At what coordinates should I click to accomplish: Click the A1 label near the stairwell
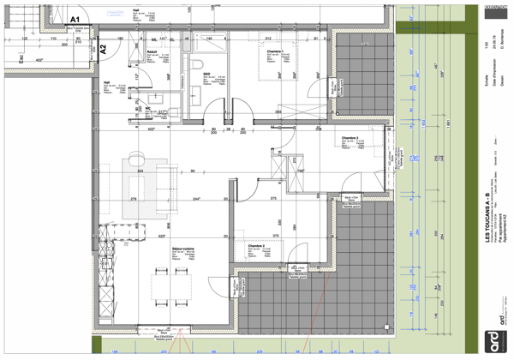click(x=75, y=17)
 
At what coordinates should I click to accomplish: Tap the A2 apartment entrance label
click(x=102, y=49)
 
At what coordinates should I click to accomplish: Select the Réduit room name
click(x=151, y=52)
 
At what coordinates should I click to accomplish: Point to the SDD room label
click(x=206, y=75)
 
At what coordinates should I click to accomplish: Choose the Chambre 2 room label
click(x=254, y=245)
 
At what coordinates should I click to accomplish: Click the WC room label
click(x=148, y=109)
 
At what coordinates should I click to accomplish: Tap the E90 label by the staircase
click(x=21, y=57)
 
